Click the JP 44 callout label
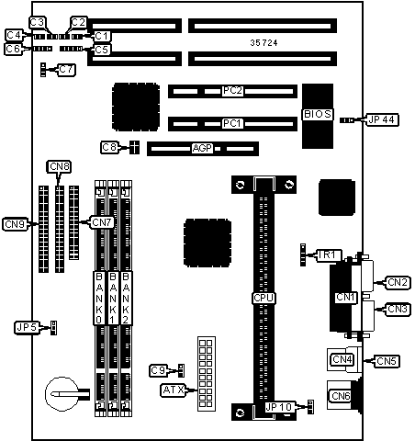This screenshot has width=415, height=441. coord(382,119)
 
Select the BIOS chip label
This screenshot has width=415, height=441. coord(318,114)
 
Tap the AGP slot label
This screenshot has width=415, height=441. coord(202,148)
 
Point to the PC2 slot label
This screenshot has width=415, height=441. coord(232,91)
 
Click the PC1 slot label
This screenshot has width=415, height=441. coord(232,124)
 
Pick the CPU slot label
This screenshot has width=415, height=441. coord(264,298)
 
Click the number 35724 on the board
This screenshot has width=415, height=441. coord(264,43)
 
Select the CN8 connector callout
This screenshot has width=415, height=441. coord(59,167)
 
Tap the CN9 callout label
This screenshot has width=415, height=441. coord(15,224)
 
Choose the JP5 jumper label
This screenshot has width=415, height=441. coord(27,328)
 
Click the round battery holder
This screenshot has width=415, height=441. coord(62,394)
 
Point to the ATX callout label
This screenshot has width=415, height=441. coord(174,390)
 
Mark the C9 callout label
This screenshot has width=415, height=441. coord(158,371)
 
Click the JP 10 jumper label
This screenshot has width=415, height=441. coord(279,407)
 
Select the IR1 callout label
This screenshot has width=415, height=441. coord(327,254)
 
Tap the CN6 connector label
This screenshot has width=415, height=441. coord(341,396)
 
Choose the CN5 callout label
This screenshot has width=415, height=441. coord(387,361)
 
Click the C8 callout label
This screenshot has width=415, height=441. coord(109,148)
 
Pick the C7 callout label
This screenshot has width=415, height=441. coord(66,70)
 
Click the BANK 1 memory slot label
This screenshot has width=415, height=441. coord(113,298)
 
